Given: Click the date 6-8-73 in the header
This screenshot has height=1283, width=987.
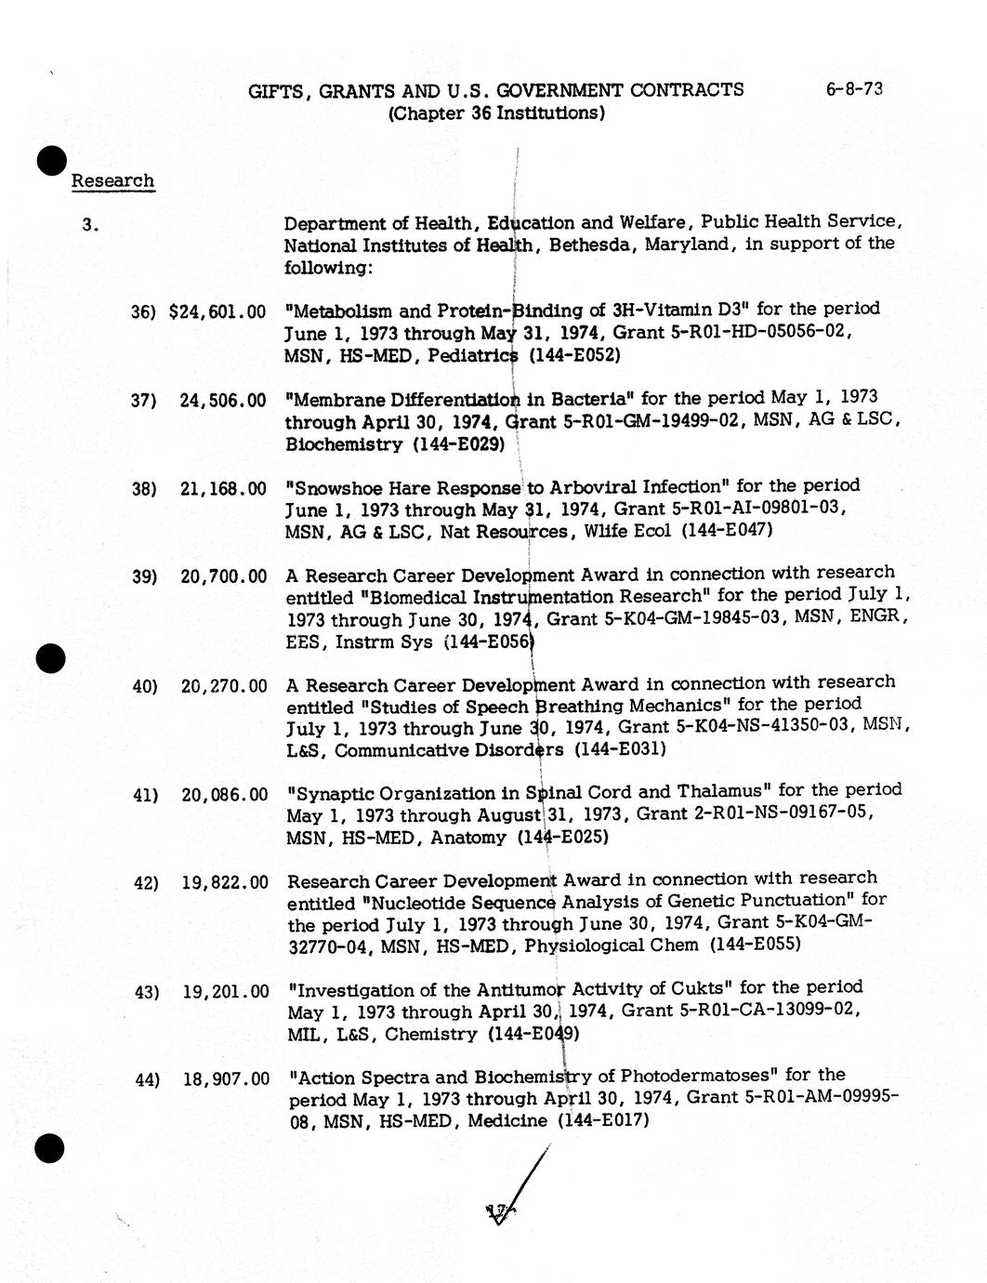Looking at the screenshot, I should (x=853, y=89).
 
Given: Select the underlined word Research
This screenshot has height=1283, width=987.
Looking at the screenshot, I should (x=112, y=180).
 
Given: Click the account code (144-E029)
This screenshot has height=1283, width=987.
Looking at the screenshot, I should (x=458, y=444).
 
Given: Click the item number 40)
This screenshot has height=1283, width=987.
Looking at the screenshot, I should (x=145, y=686).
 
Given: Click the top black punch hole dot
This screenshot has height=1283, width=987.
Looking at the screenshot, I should (x=52, y=160).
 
